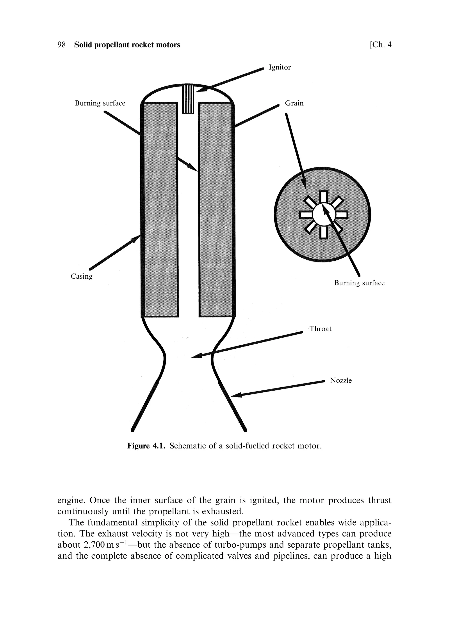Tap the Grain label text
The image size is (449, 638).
point(294,103)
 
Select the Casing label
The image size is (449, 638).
point(81,276)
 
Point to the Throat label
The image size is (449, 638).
point(320,329)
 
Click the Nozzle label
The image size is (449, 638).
point(340,380)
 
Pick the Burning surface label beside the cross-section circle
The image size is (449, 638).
point(359,283)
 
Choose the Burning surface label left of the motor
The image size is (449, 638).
point(100,103)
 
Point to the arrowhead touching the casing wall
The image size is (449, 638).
point(136,238)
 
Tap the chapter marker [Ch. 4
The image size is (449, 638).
point(380,45)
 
